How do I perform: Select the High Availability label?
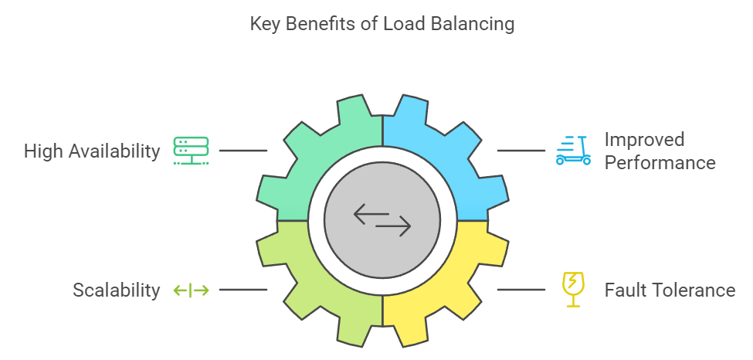pyautogui.click(x=92, y=151)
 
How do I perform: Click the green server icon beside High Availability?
pyautogui.click(x=190, y=150)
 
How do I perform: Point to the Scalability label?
pyautogui.click(x=117, y=290)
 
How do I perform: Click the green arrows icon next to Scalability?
pyautogui.click(x=191, y=290)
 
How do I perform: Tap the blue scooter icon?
pyautogui.click(x=573, y=150)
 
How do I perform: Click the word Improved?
pyautogui.click(x=644, y=140)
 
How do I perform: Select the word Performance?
pyautogui.click(x=660, y=163)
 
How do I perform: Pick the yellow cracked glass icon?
pyautogui.click(x=573, y=290)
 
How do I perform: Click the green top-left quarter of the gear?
pyautogui.click(x=309, y=155)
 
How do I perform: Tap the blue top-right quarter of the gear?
pyautogui.click(x=456, y=155)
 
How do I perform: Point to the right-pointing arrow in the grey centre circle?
pyautogui.click(x=394, y=227)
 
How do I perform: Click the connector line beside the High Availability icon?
pyautogui.click(x=243, y=151)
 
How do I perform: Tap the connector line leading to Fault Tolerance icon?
pyautogui.click(x=521, y=290)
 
